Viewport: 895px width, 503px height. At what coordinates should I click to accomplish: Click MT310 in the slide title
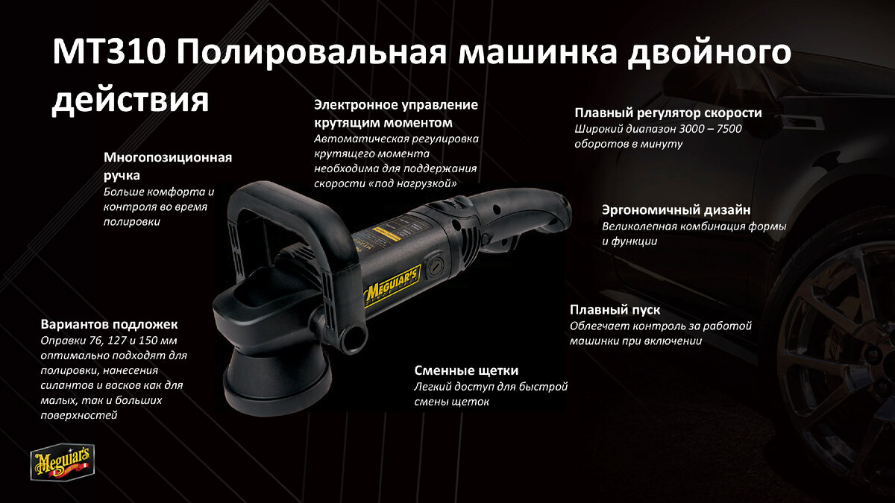pos(109,52)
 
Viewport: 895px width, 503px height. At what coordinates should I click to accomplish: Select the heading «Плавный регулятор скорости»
pos(668,113)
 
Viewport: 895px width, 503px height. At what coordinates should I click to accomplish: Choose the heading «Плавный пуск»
pos(615,310)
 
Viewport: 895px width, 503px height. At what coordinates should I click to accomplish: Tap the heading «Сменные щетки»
pos(466,371)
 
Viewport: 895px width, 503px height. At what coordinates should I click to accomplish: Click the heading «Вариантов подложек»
pos(109,324)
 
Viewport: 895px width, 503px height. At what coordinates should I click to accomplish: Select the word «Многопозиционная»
pos(168,158)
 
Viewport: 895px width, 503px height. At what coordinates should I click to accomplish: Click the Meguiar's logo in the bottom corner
pos(63,461)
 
